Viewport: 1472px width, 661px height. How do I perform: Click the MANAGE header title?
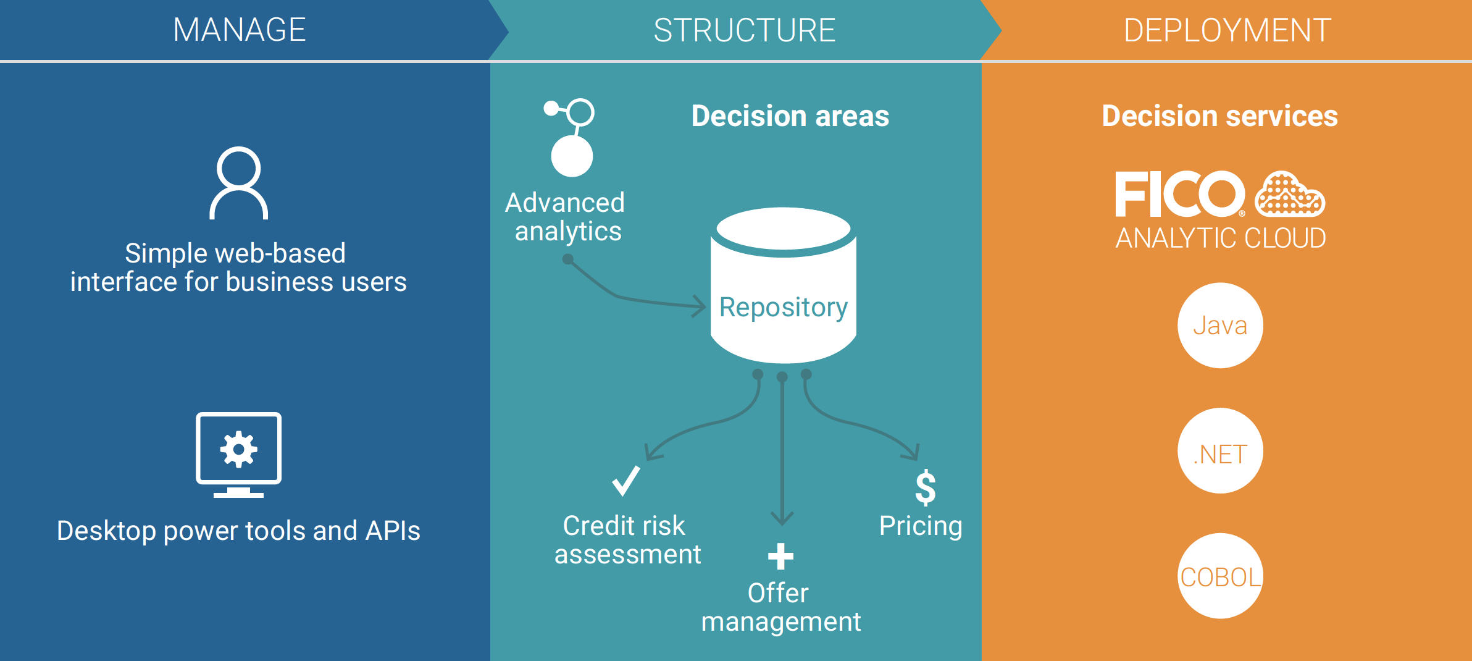pyautogui.click(x=240, y=30)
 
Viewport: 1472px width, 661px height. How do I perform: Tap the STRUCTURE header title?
pyautogui.click(x=745, y=30)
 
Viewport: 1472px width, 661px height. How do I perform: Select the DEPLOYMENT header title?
pyautogui.click(x=1227, y=30)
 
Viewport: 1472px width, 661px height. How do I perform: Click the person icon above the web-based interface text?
pyautogui.click(x=239, y=183)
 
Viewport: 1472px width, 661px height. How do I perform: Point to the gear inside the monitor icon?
pyautogui.click(x=239, y=449)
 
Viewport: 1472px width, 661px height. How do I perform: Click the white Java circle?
pyautogui.click(x=1220, y=326)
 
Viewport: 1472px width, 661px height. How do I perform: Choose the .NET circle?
pyautogui.click(x=1220, y=452)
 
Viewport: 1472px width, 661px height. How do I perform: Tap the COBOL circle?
pyautogui.click(x=1220, y=576)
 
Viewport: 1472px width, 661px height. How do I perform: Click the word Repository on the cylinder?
pyautogui.click(x=784, y=307)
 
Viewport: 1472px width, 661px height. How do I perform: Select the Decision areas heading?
pyautogui.click(x=790, y=116)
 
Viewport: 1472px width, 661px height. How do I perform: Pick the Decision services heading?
pyautogui.click(x=1220, y=116)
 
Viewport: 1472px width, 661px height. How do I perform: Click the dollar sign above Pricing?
pyautogui.click(x=926, y=487)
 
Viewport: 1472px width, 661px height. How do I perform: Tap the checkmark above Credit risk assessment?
pyautogui.click(x=625, y=481)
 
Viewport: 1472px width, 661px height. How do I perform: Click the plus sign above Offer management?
pyautogui.click(x=780, y=556)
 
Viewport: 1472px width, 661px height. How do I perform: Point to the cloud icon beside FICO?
pyautogui.click(x=1290, y=195)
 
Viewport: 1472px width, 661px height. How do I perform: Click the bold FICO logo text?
pyautogui.click(x=1179, y=195)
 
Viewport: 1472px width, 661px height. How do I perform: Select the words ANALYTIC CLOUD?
pyautogui.click(x=1221, y=238)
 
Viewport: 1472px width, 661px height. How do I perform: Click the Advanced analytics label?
pyautogui.click(x=566, y=217)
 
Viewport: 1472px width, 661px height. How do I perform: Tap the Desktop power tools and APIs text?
pyautogui.click(x=238, y=531)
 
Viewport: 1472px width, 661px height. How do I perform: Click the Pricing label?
pyautogui.click(x=921, y=526)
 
